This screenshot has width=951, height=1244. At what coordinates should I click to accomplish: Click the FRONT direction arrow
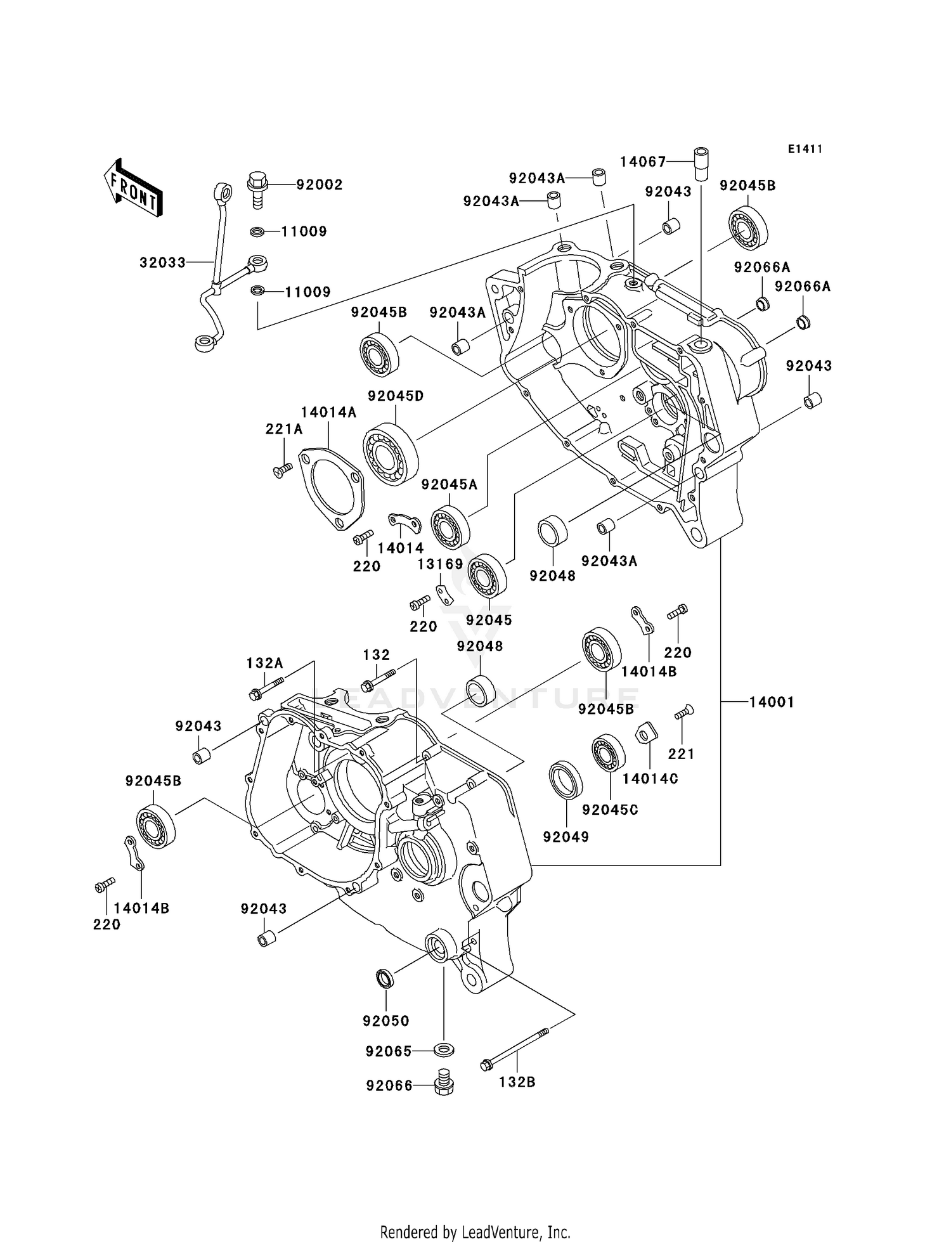click(133, 189)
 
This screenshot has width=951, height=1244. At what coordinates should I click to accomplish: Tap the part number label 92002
click(320, 185)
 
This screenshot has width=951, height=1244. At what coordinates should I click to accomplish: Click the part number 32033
click(162, 262)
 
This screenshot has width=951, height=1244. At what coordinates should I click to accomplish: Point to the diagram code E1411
click(805, 149)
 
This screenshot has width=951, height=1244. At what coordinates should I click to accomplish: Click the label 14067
click(643, 162)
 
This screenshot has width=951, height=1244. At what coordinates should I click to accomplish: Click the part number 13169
click(440, 564)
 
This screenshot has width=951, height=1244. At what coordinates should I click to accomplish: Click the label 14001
click(771, 702)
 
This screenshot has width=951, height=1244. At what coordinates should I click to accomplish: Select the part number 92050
click(385, 1021)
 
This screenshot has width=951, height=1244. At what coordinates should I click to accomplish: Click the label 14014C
click(650, 779)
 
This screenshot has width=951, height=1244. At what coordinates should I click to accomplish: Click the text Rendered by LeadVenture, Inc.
click(475, 1232)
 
